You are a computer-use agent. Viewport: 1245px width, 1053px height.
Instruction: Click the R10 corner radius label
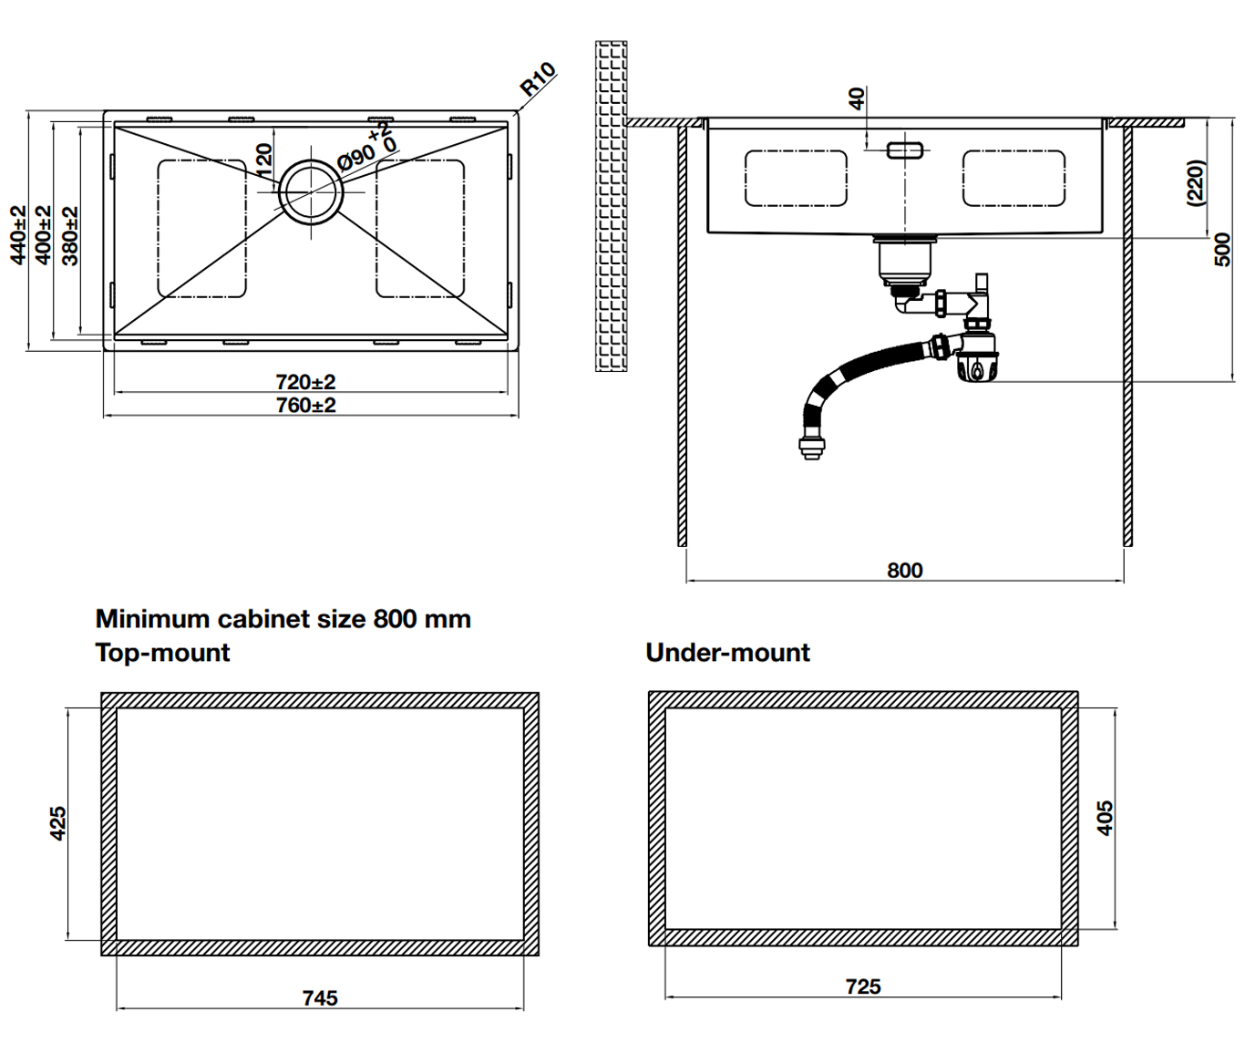(538, 79)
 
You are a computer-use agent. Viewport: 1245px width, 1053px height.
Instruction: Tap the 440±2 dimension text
(18, 235)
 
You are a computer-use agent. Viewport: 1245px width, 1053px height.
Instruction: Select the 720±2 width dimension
(306, 381)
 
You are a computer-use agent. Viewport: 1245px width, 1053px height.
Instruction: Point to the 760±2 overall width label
(306, 405)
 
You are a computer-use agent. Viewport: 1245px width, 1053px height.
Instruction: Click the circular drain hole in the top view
(312, 191)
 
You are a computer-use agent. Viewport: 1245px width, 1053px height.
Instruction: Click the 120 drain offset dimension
(263, 160)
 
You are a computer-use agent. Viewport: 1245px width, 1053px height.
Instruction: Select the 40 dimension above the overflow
(857, 98)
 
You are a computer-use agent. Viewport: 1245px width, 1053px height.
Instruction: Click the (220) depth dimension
(1196, 182)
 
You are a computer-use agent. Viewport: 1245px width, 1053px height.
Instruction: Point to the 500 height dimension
(1223, 249)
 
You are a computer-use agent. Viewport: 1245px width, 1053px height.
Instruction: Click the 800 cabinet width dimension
(904, 570)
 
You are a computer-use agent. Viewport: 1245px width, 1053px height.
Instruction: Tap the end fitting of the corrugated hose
(809, 448)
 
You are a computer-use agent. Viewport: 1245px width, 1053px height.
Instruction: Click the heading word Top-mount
(163, 653)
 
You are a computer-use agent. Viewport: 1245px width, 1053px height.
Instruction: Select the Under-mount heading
(727, 653)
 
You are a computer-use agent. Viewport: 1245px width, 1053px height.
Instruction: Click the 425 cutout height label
(57, 822)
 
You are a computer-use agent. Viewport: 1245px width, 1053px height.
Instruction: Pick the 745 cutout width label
(320, 998)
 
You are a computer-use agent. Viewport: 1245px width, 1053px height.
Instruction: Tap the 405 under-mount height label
(1105, 818)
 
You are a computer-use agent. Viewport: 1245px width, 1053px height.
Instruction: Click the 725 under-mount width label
(863, 986)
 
